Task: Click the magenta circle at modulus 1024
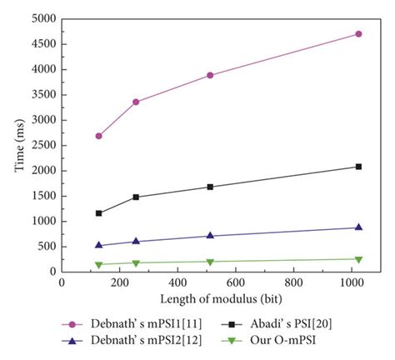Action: [x=358, y=34]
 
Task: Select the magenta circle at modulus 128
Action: [x=99, y=136]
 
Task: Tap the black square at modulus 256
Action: [x=136, y=197]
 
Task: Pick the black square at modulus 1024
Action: [x=358, y=167]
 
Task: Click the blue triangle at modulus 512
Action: [x=210, y=236]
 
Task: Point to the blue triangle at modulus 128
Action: [x=99, y=245]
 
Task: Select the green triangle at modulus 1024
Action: [x=358, y=259]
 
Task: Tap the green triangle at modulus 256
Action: [x=136, y=263]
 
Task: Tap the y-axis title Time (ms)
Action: [x=18, y=144]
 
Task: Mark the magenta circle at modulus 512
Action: [x=210, y=75]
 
